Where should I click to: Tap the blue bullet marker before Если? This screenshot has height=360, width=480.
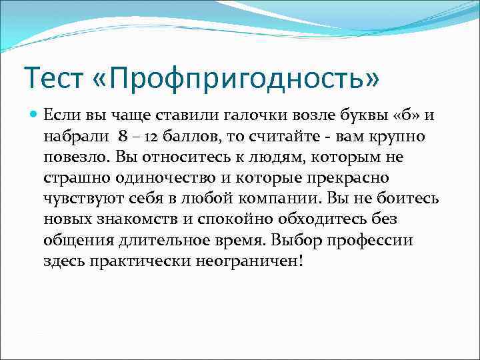pyautogui.click(x=34, y=115)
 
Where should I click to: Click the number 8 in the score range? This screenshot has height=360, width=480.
pyautogui.click(x=122, y=137)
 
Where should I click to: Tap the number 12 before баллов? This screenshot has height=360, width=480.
pyautogui.click(x=155, y=137)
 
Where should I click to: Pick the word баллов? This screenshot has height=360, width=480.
pyautogui.click(x=192, y=137)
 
